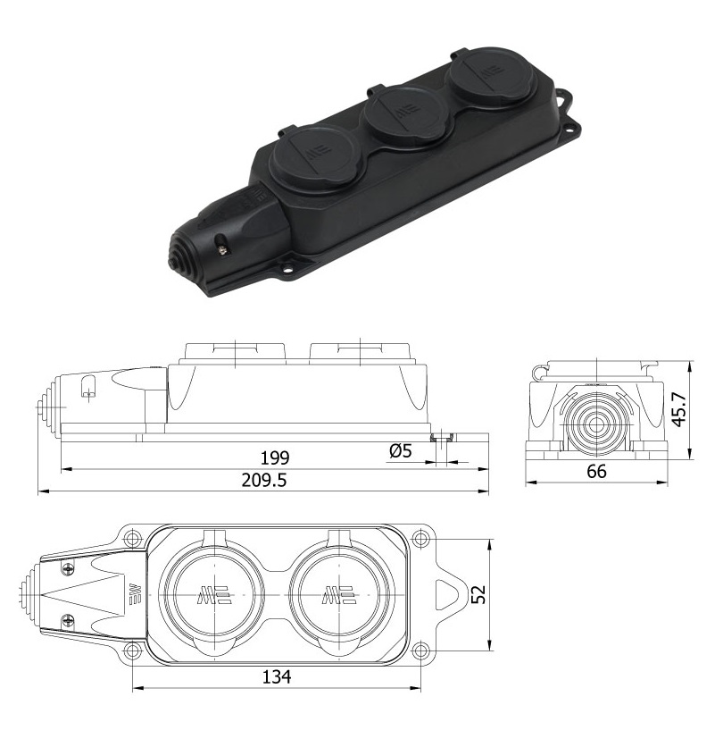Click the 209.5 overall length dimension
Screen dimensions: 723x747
[264, 480]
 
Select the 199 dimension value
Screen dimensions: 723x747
[275, 457]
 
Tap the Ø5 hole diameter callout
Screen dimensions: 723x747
[400, 450]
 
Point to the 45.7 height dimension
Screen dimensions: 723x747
[679, 409]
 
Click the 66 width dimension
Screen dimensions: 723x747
[596, 472]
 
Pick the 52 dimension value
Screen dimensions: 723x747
[479, 594]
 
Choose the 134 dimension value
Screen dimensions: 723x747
[277, 676]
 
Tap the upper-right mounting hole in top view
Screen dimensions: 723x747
[420, 539]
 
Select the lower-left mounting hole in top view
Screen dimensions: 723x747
[132, 650]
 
